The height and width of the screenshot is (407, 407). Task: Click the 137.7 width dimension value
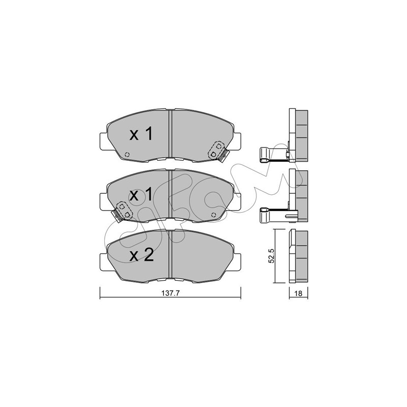tap(170, 294)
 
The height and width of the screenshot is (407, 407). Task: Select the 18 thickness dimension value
tap(299, 294)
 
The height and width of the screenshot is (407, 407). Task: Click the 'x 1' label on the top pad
tap(141, 134)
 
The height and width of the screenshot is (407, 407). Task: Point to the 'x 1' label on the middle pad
tap(141, 195)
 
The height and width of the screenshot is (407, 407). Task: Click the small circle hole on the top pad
tap(127, 155)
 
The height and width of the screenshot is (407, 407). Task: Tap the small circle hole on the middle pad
tap(214, 215)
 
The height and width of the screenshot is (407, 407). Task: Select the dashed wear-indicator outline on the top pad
tap(216, 150)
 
